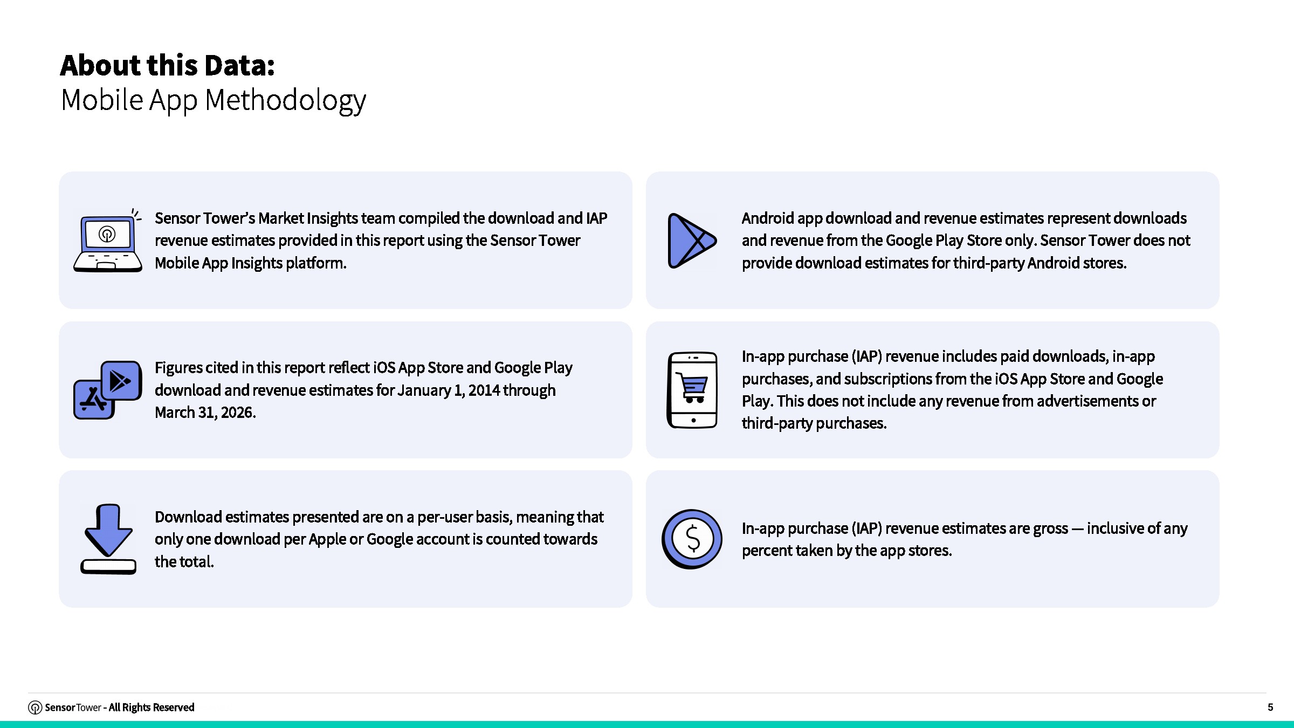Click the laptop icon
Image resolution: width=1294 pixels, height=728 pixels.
point(108,241)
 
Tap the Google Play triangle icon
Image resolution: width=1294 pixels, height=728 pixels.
point(692,241)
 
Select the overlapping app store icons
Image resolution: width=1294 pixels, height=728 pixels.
point(108,390)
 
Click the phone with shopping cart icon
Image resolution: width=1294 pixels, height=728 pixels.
point(692,390)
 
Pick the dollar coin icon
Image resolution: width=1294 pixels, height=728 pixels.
point(692,539)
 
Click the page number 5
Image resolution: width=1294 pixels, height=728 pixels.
point(1270,707)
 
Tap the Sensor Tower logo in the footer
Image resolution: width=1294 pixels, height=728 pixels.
point(35,708)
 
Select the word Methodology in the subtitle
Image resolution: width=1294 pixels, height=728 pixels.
point(286,100)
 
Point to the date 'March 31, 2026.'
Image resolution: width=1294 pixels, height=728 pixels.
point(205,413)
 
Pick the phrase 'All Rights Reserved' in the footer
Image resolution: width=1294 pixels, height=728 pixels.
point(152,708)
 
